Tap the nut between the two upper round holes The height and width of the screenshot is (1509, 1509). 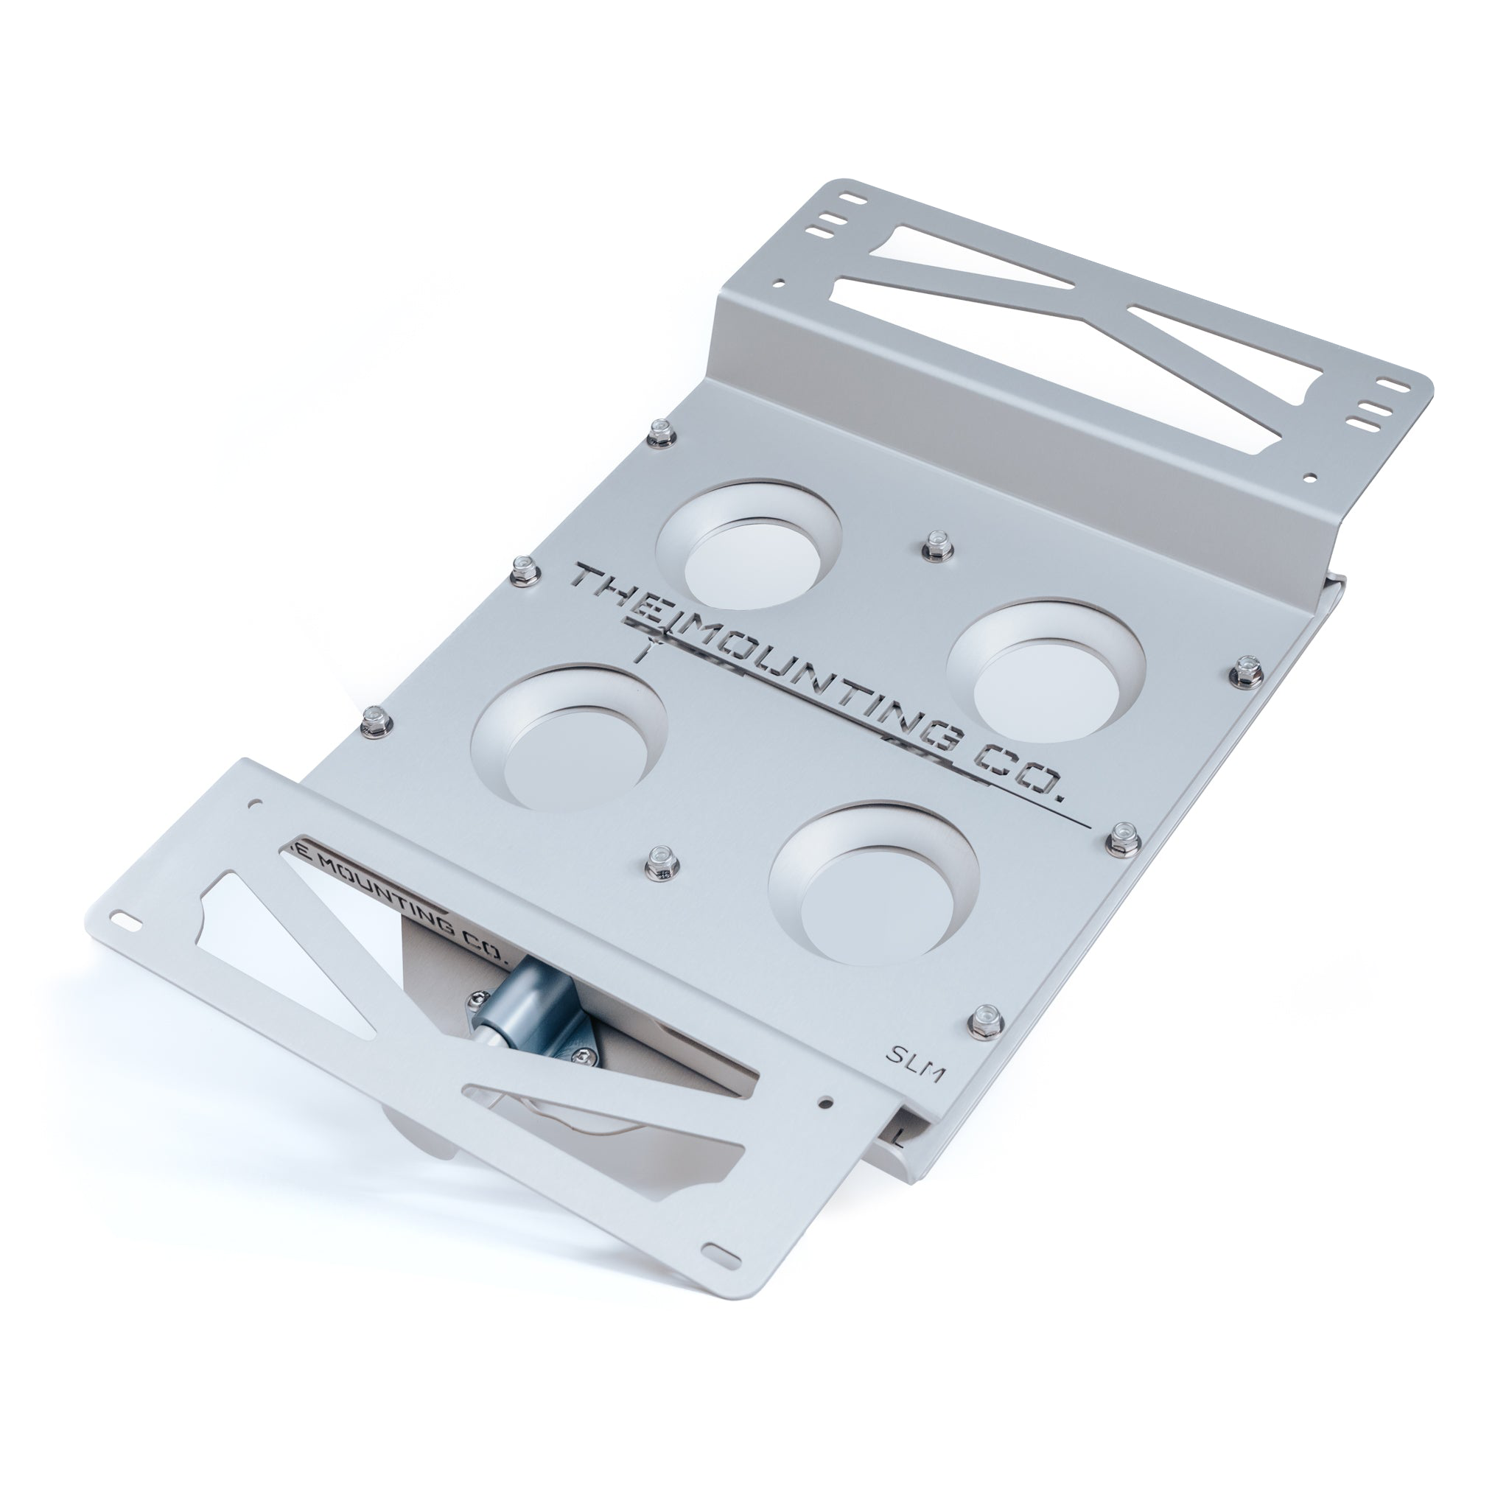click(934, 545)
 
